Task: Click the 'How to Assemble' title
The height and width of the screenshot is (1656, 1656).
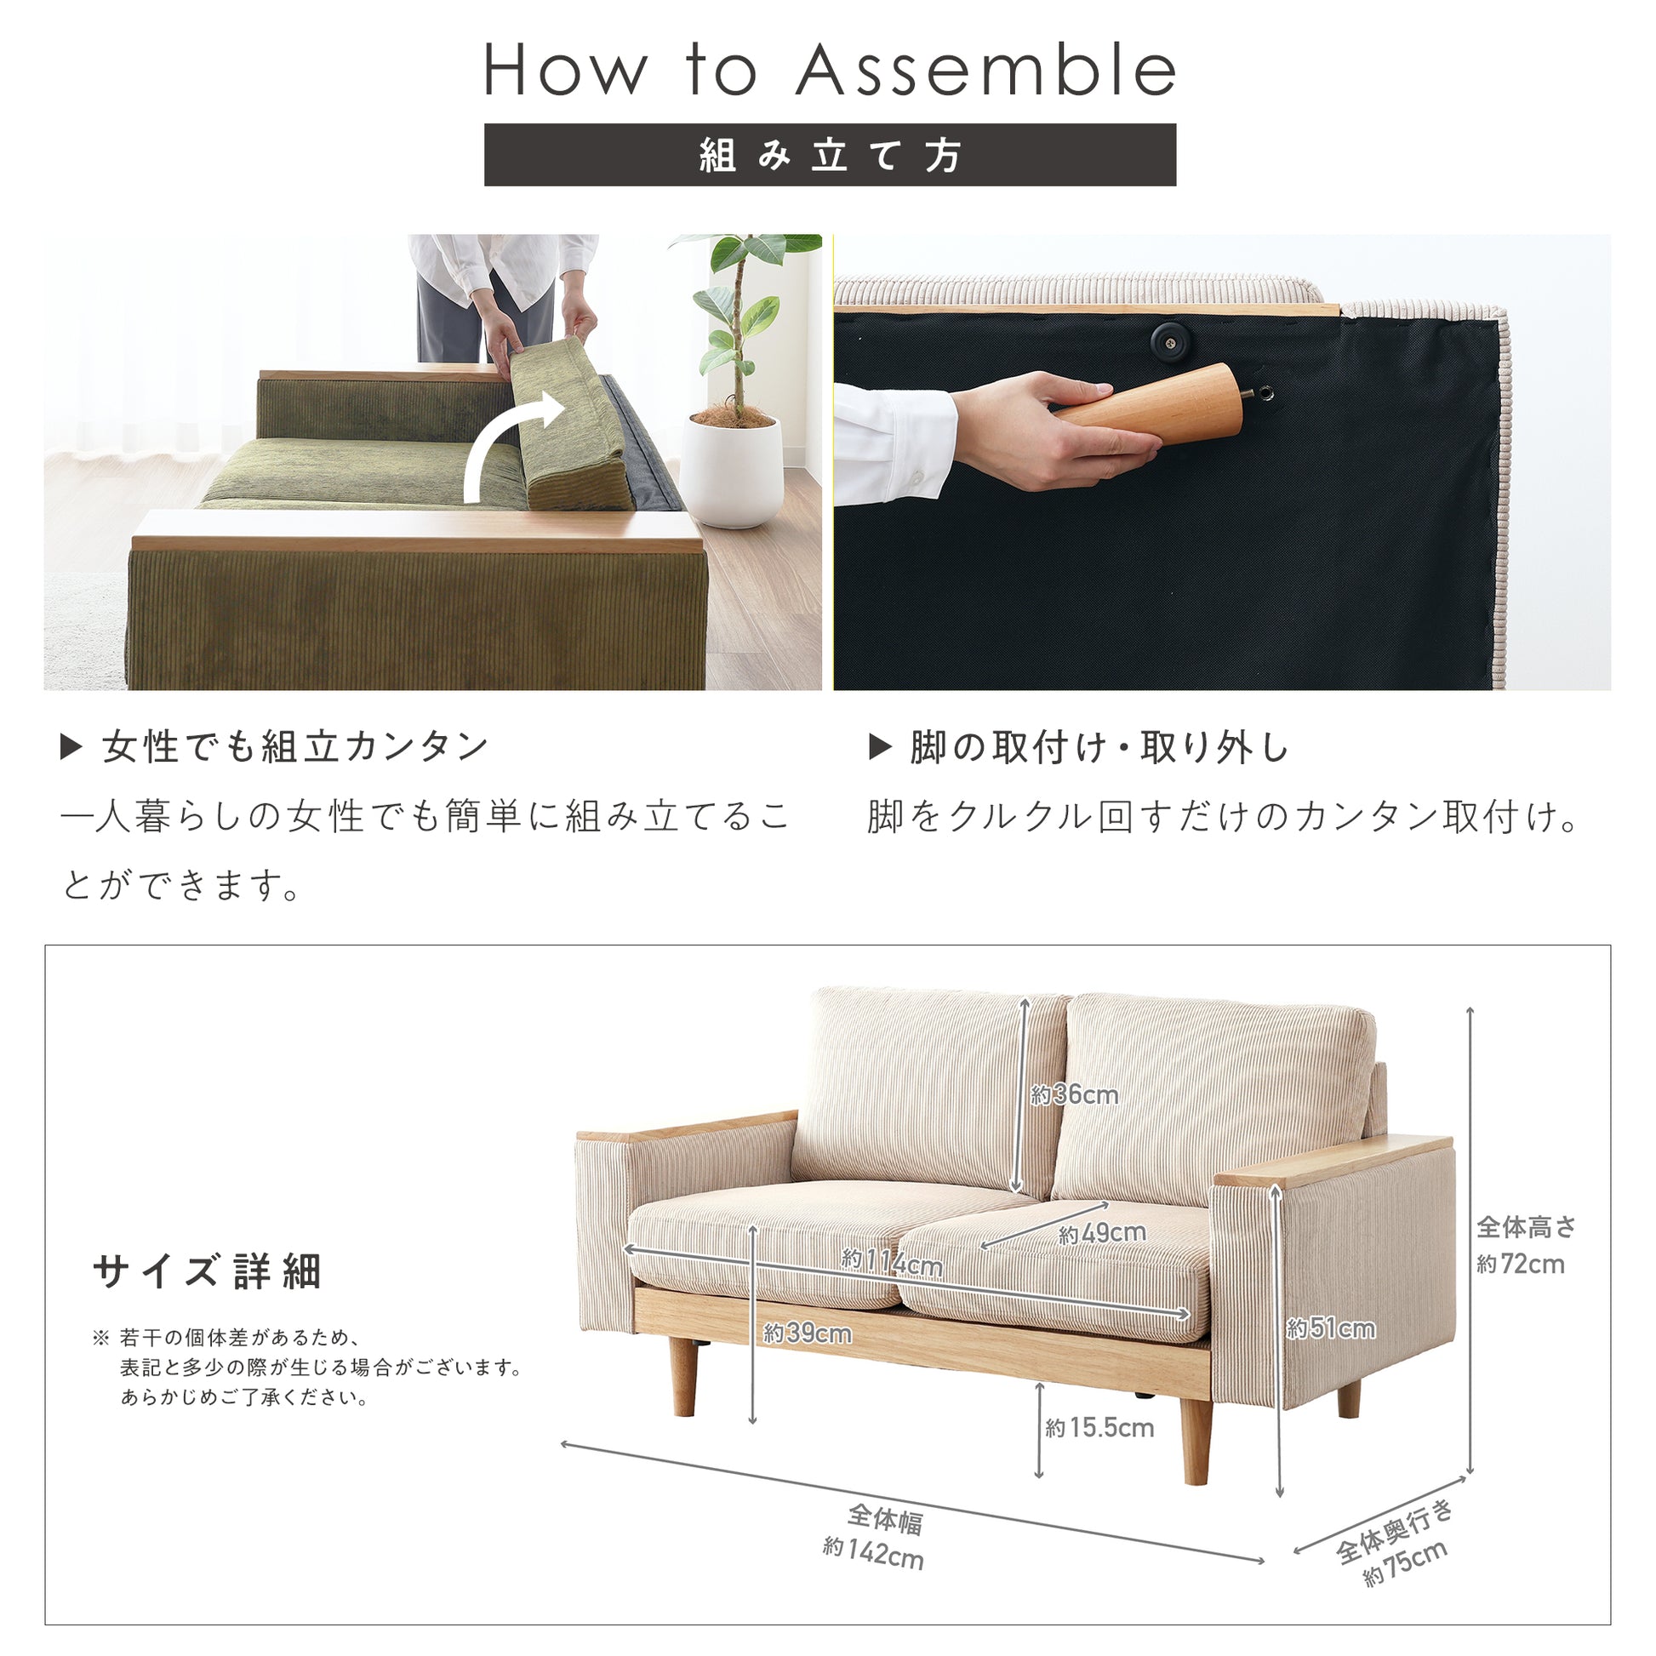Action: tap(830, 71)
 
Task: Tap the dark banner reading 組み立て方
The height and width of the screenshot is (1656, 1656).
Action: tap(830, 155)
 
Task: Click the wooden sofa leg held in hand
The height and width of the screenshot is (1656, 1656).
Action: tap(1149, 403)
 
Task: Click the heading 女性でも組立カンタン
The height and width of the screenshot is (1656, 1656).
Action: tap(294, 747)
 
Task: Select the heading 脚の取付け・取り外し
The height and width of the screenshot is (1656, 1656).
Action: tap(1099, 747)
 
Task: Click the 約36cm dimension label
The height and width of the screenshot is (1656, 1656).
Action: tap(1075, 1094)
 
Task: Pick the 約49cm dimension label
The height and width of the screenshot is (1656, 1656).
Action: tap(1102, 1233)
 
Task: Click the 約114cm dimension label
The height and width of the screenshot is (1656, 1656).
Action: tap(892, 1261)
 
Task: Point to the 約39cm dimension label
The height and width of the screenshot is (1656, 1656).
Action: tap(808, 1333)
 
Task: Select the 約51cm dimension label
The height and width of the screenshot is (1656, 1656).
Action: tap(1331, 1328)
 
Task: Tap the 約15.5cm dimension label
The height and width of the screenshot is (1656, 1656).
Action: tap(1099, 1427)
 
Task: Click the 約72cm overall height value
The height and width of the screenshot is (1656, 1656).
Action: tap(1521, 1264)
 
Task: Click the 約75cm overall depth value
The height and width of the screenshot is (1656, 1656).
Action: tap(1406, 1562)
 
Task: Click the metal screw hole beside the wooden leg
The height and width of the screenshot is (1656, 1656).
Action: tap(1263, 394)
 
